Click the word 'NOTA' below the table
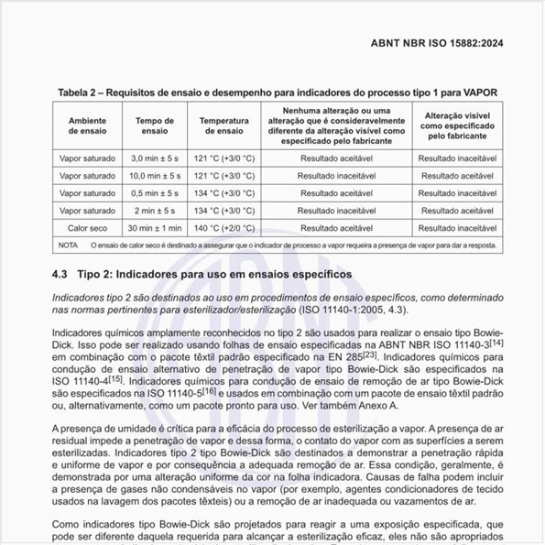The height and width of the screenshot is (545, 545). coord(68,245)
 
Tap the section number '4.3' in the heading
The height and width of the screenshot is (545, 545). coord(60,275)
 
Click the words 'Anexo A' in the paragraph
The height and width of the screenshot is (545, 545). coord(387,404)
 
